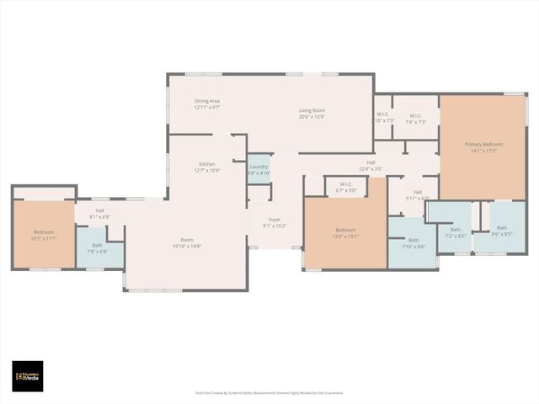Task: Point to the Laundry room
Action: pyautogui.click(x=259, y=170)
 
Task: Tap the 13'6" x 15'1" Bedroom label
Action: pyautogui.click(x=346, y=233)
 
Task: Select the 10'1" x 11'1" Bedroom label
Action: pyautogui.click(x=44, y=235)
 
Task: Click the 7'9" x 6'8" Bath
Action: pyautogui.click(x=97, y=248)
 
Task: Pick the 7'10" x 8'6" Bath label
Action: pyautogui.click(x=413, y=243)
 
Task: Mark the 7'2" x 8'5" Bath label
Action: pyautogui.click(x=455, y=232)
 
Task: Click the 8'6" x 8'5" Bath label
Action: pyautogui.click(x=502, y=231)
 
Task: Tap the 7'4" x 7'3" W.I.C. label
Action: pyautogui.click(x=415, y=119)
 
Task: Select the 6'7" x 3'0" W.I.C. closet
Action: pyautogui.click(x=346, y=187)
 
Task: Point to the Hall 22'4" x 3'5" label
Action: pyautogui.click(x=371, y=166)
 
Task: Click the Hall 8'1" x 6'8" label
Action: pyautogui.click(x=99, y=213)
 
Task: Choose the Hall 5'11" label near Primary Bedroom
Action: pyautogui.click(x=418, y=194)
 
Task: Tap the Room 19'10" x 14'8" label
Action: pyautogui.click(x=186, y=242)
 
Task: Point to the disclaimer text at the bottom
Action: pyautogui.click(x=269, y=392)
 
